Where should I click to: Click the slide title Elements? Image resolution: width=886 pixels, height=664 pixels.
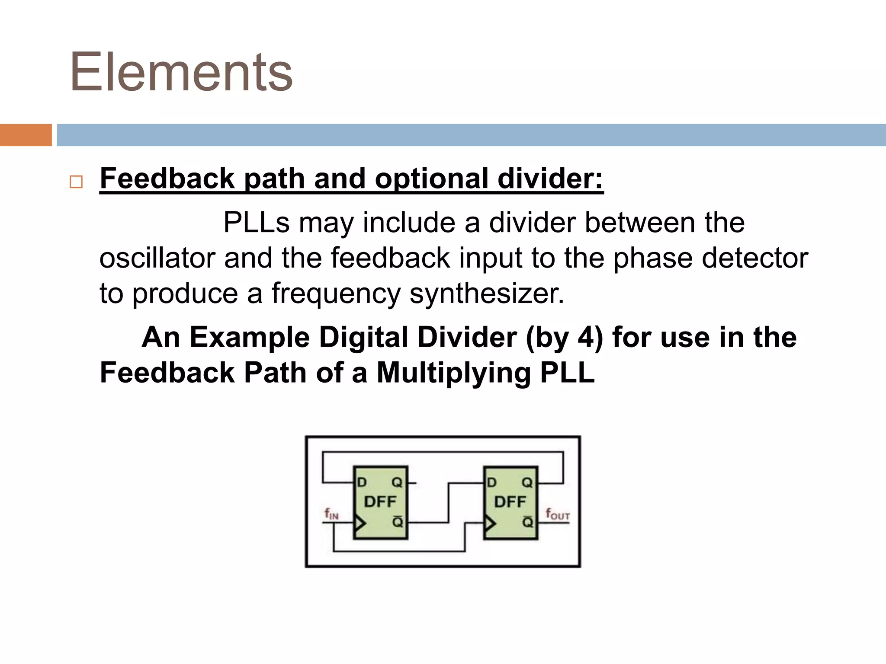(x=181, y=72)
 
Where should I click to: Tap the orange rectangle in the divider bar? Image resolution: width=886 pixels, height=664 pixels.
(x=26, y=135)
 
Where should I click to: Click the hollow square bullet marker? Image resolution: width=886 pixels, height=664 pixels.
(x=76, y=182)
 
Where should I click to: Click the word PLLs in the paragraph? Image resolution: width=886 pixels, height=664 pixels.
(x=256, y=223)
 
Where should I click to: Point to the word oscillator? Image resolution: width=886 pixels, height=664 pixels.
(x=157, y=258)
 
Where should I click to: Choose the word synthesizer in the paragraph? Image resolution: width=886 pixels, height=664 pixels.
(x=487, y=294)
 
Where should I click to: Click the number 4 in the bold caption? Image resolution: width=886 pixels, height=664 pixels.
(x=587, y=337)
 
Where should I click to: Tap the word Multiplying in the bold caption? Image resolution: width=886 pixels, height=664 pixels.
(x=454, y=373)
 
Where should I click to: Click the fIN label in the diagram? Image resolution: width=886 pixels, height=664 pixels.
(x=331, y=514)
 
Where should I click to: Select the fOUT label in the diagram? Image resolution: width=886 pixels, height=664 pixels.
(x=558, y=514)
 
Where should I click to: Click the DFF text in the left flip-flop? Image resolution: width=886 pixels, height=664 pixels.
(x=380, y=501)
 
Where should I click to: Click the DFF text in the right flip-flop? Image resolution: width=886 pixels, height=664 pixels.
(x=510, y=501)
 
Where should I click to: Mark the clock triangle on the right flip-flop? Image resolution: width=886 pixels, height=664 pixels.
(x=490, y=524)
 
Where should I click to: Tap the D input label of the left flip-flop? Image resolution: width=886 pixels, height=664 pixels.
(x=362, y=482)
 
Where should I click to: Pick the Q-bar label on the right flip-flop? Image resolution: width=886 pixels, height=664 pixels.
(x=527, y=522)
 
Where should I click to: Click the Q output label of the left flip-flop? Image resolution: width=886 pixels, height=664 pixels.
(x=397, y=482)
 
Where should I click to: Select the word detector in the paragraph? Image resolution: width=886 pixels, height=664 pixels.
(x=755, y=258)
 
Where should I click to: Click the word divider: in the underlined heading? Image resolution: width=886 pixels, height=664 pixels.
(x=550, y=178)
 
